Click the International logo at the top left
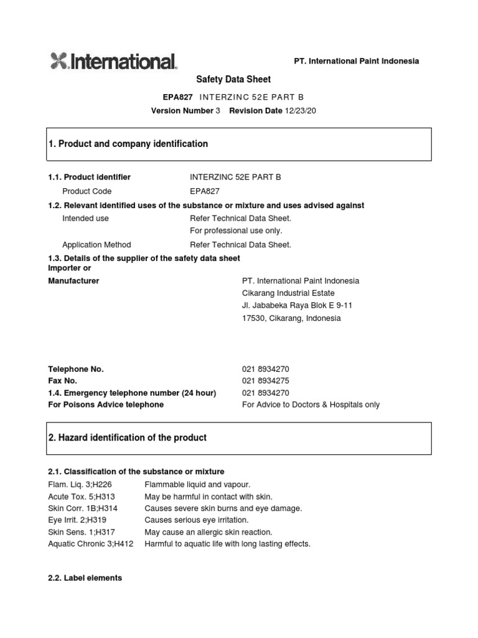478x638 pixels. pos(113,61)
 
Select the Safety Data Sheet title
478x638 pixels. pos(233,80)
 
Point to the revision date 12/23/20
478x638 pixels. pos(301,110)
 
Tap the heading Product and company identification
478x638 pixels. pos(128,144)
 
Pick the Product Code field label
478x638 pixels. pos(87,191)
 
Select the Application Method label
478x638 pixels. pos(96,245)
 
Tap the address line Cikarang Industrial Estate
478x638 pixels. pos(288,293)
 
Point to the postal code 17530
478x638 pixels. pos(253,318)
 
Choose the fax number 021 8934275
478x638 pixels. pos(265,381)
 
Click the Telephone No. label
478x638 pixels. pos(76,369)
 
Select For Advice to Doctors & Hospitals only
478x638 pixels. pos(311,404)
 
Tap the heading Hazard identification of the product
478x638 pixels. pos(128,438)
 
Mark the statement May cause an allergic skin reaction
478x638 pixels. pos(209,532)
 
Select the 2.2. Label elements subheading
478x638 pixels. pos(85,578)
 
